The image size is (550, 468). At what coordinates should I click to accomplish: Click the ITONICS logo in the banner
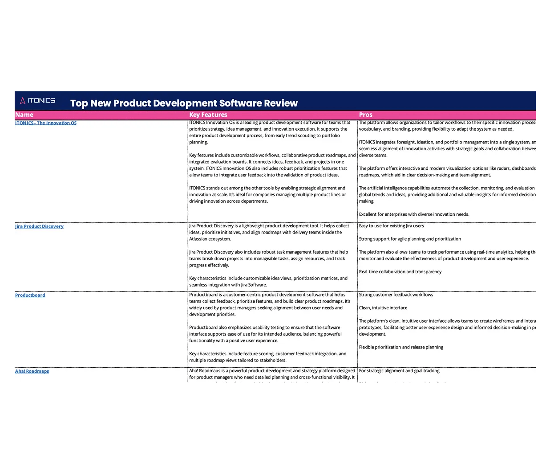tap(38, 101)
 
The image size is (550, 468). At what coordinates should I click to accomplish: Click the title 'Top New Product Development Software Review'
tap(184, 103)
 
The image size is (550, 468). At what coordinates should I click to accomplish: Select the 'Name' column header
tap(24, 115)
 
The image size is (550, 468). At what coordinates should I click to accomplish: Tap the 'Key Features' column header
tap(208, 115)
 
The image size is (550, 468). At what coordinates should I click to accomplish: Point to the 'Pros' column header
tap(365, 115)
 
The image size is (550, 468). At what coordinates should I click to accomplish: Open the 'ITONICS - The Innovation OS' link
tap(46, 123)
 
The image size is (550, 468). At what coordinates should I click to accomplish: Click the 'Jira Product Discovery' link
tap(39, 226)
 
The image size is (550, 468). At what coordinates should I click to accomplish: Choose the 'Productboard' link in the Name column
tap(30, 295)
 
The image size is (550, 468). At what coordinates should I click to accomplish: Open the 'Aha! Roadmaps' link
tap(32, 371)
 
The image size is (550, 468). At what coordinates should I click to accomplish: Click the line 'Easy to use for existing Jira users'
tap(391, 226)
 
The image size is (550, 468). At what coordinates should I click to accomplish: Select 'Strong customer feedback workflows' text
tap(396, 295)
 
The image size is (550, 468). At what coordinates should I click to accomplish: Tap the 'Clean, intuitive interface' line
tap(383, 308)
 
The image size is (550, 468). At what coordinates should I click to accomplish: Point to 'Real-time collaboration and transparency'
tap(400, 272)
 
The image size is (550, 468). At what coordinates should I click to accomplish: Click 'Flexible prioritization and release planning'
tap(401, 347)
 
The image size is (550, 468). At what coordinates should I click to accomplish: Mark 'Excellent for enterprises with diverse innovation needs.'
tap(414, 214)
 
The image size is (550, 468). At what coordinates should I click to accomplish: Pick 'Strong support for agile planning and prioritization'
tap(410, 239)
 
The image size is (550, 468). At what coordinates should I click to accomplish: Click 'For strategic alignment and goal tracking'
tap(399, 371)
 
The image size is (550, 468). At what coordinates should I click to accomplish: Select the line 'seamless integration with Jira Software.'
tap(228, 285)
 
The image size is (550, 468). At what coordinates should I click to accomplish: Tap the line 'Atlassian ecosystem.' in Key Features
tap(210, 239)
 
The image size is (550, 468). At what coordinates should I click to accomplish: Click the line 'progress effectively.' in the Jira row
tap(209, 265)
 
